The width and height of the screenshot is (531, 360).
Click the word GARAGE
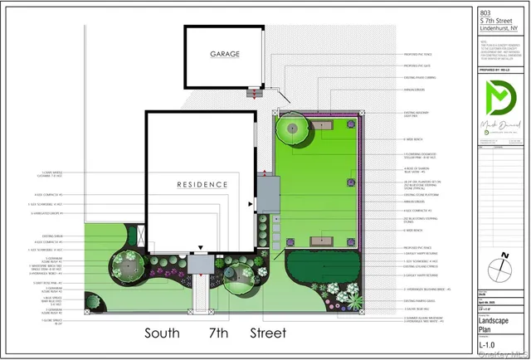click(224, 55)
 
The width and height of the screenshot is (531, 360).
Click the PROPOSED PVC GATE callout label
click(415, 64)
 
